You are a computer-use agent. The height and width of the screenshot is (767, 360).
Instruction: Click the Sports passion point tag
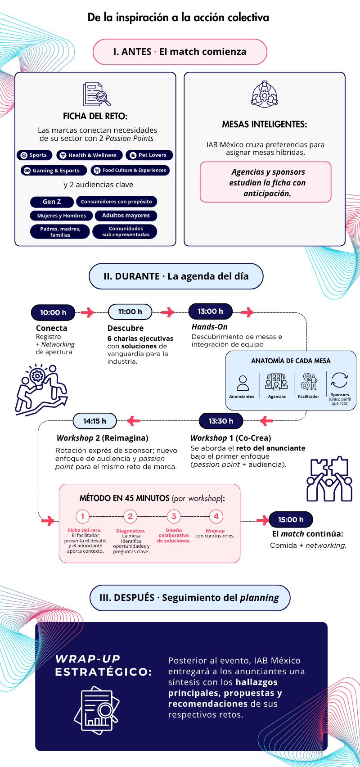pyautogui.click(x=34, y=155)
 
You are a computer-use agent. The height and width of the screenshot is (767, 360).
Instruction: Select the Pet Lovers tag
pyautogui.click(x=149, y=155)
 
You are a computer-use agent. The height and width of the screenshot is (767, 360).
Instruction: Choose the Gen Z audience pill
pyautogui.click(x=52, y=202)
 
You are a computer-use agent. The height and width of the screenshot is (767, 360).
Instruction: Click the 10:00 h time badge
pyautogui.click(x=53, y=312)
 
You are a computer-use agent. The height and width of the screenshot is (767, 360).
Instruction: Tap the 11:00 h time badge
pyautogui.click(x=130, y=311)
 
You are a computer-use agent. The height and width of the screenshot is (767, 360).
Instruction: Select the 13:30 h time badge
pyautogui.click(x=221, y=421)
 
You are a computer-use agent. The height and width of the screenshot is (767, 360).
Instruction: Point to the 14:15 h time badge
pyautogui.click(x=95, y=421)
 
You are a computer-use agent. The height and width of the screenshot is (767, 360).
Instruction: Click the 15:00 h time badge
pyautogui.click(x=291, y=519)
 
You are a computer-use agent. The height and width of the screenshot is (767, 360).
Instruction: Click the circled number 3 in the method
pyautogui.click(x=174, y=516)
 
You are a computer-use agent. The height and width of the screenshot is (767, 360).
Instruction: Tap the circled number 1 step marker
pyautogui.click(x=82, y=516)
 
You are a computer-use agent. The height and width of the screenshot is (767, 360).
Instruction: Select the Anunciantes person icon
pyautogui.click(x=243, y=383)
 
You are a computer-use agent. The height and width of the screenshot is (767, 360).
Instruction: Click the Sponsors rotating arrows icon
pyautogui.click(x=339, y=380)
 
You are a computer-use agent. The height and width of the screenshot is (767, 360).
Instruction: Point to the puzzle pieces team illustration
pyautogui.click(x=329, y=478)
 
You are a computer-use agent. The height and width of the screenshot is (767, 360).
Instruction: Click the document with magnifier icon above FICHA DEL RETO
pyautogui.click(x=97, y=94)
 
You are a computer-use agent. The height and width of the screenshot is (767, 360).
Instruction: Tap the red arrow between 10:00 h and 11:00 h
pyautogui.click(x=88, y=312)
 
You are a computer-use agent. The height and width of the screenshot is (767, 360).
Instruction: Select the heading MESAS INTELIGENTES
pyautogui.click(x=265, y=124)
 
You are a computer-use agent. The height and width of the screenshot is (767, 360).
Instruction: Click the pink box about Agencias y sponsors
pyautogui.click(x=265, y=182)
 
